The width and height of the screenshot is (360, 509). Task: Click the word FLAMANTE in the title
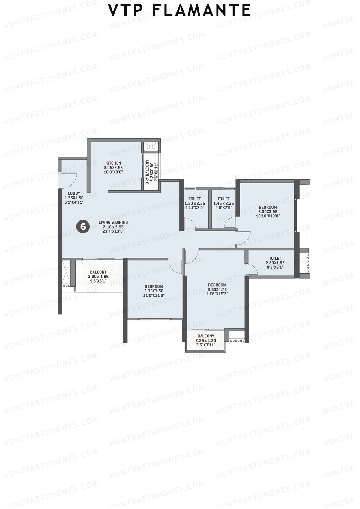click(x=201, y=11)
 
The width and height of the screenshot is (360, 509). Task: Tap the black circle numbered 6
click(x=83, y=226)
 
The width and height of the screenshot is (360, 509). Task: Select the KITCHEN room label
click(x=113, y=163)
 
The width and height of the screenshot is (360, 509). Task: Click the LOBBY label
click(x=74, y=193)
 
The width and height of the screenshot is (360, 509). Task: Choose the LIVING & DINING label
click(x=113, y=222)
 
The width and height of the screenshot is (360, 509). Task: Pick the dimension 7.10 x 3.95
click(x=113, y=227)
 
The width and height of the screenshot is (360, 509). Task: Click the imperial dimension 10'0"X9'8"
click(x=113, y=172)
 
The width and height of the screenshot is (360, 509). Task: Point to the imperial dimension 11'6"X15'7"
click(x=217, y=294)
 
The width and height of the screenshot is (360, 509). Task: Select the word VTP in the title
click(x=125, y=11)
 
